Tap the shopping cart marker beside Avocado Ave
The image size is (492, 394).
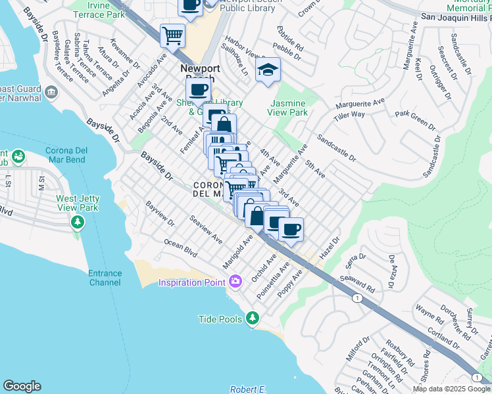point(172,36)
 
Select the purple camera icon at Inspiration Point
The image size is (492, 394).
point(235,282)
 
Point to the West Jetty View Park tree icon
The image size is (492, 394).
point(78,223)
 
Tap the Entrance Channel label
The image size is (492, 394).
point(105,278)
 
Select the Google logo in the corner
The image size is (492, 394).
point(22,386)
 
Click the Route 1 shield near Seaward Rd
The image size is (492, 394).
point(357,298)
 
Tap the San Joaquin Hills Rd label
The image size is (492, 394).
point(456,17)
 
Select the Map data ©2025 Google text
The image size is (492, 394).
point(451,389)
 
